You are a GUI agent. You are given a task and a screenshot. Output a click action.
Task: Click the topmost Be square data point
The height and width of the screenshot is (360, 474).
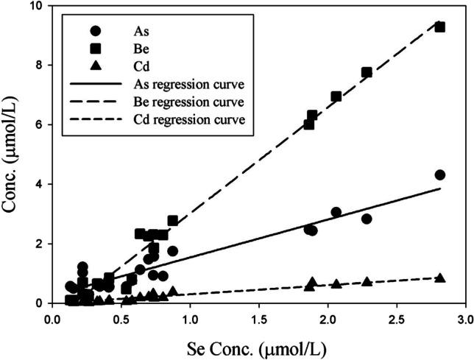click(440, 27)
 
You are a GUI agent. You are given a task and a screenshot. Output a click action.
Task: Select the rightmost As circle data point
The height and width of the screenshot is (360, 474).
click(440, 174)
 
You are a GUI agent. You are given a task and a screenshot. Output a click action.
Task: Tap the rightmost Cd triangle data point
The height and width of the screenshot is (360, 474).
click(440, 278)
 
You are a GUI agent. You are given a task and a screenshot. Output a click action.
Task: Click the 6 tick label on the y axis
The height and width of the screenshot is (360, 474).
click(38, 125)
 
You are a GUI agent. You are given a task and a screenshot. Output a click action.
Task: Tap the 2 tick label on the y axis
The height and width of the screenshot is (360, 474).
click(38, 244)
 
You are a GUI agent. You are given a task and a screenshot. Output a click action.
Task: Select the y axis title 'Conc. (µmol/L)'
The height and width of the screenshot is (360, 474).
click(12, 155)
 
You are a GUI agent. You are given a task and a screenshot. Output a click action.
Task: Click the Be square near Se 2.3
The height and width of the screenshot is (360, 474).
click(367, 72)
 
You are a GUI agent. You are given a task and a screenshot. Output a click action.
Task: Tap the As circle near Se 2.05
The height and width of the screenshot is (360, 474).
click(336, 212)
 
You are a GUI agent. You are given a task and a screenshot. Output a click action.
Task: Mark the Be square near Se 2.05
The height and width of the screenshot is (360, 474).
click(336, 96)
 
